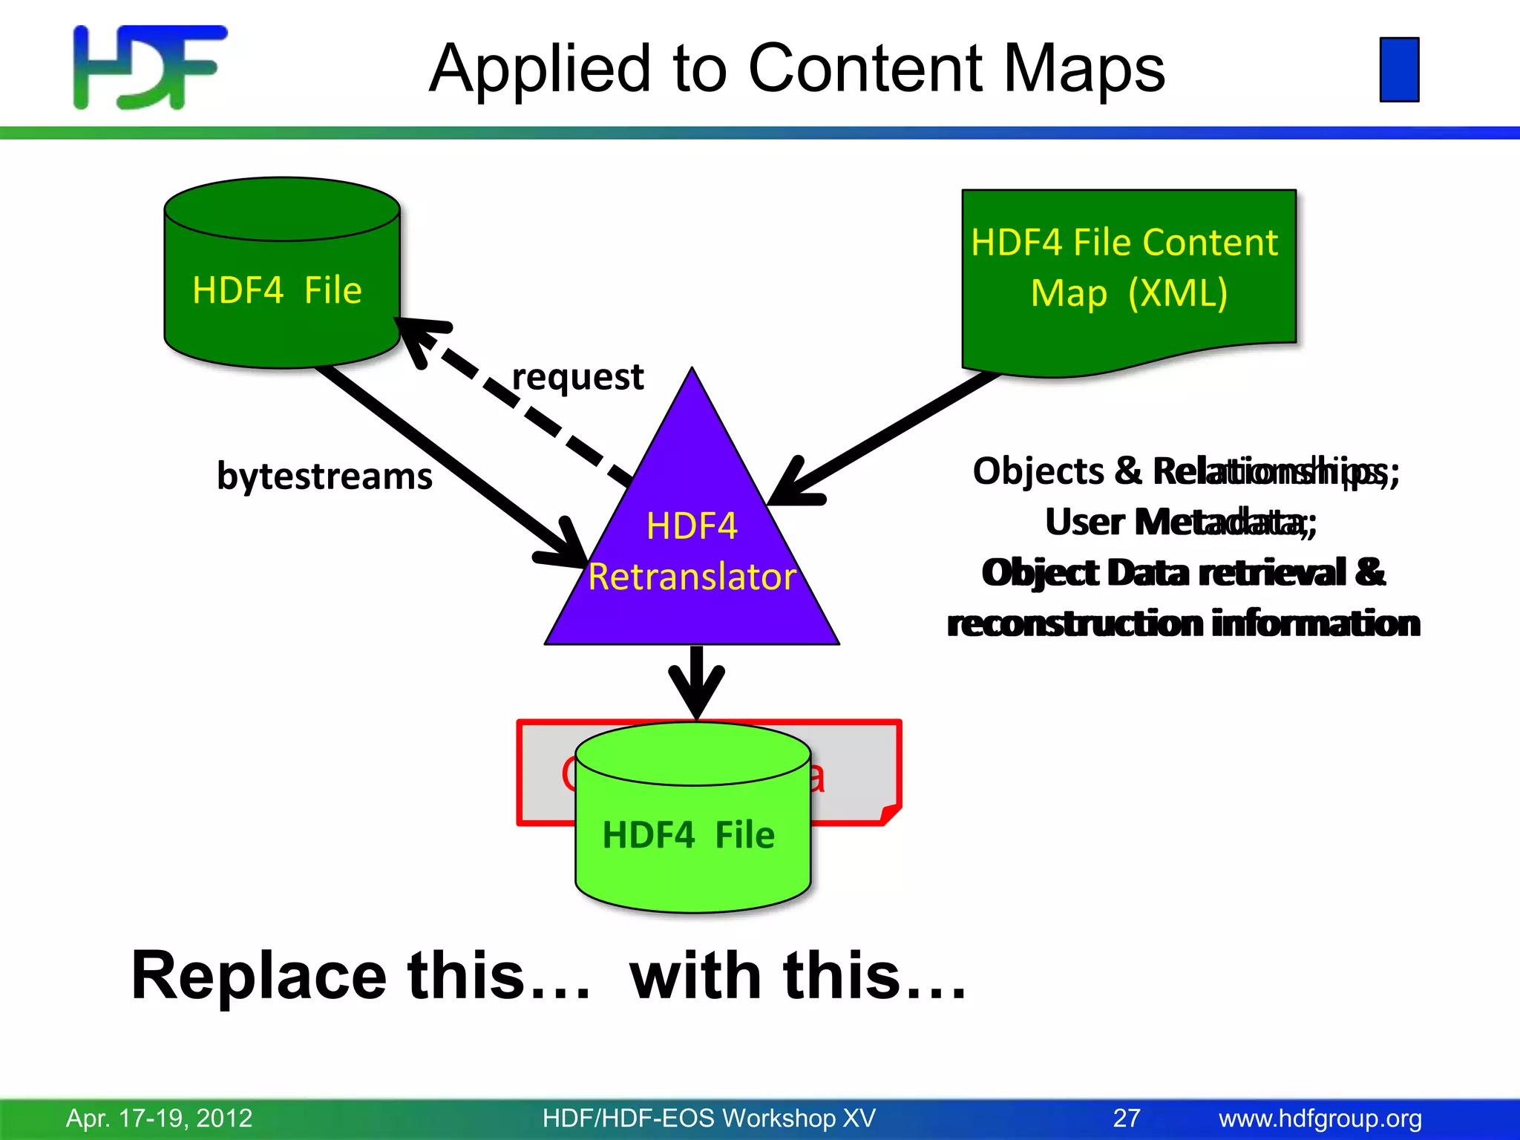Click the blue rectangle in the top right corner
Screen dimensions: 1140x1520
point(1399,69)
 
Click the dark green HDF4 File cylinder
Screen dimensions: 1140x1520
point(281,289)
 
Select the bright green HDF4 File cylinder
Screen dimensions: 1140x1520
point(692,834)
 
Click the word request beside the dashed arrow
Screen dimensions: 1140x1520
point(577,377)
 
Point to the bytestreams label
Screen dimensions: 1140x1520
point(324,476)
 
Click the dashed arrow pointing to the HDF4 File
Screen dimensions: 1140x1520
point(520,404)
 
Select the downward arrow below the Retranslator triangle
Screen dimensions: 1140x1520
point(696,683)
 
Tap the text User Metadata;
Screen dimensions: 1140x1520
point(1180,522)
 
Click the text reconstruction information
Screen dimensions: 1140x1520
point(1183,623)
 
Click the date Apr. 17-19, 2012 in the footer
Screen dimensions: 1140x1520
point(159,1118)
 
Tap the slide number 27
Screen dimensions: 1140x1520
point(1126,1118)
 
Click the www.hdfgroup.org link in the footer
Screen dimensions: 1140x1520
point(1320,1118)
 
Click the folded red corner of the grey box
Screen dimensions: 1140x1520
point(890,814)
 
